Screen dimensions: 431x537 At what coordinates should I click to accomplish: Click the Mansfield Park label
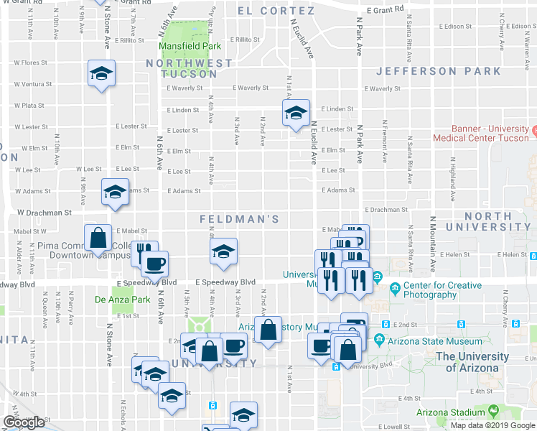(190, 45)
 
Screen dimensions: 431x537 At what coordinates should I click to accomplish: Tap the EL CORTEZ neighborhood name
(276, 11)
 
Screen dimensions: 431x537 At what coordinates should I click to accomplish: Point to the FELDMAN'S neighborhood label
(238, 218)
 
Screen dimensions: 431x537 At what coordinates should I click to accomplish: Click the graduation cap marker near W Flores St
(102, 73)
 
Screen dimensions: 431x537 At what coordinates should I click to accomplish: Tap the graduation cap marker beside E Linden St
(295, 113)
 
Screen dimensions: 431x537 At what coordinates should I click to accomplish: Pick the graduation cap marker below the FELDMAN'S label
(223, 251)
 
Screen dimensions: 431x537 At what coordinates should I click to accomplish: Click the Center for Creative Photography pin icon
(395, 289)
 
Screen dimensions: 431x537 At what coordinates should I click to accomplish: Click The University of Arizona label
(472, 362)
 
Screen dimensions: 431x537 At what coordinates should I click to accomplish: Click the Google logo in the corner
(24, 422)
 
